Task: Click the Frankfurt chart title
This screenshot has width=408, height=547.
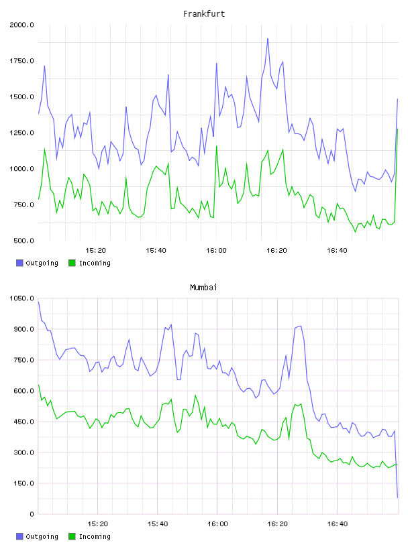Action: tap(204, 14)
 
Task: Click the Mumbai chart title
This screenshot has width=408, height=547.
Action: tap(203, 288)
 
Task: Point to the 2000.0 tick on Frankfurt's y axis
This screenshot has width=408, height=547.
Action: tap(22, 25)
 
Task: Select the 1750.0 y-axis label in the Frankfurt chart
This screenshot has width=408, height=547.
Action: tap(22, 61)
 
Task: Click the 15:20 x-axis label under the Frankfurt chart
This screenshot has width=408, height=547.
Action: tap(95, 251)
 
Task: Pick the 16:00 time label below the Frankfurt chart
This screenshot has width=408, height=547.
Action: tap(216, 251)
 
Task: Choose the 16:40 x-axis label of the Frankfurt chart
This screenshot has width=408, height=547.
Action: tap(337, 251)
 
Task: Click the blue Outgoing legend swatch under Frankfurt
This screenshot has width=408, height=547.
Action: tap(19, 263)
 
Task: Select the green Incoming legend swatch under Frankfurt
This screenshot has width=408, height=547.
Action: tap(72, 263)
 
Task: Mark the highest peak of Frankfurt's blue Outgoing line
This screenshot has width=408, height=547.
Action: tap(268, 39)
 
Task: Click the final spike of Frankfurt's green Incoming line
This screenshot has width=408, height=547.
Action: tap(397, 129)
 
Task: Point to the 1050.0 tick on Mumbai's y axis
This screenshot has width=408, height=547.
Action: tap(22, 298)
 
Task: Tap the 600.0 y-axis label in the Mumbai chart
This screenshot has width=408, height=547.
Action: tap(23, 391)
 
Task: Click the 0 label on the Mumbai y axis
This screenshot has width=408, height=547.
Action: tap(32, 514)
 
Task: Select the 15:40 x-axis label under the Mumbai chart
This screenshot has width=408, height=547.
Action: tap(158, 524)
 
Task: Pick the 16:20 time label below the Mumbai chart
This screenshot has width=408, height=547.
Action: tap(277, 524)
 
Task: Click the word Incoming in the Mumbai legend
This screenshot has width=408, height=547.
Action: tap(95, 537)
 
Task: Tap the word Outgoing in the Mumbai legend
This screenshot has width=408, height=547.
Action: tap(42, 537)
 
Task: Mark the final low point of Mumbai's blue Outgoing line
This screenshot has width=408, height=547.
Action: tap(397, 497)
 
